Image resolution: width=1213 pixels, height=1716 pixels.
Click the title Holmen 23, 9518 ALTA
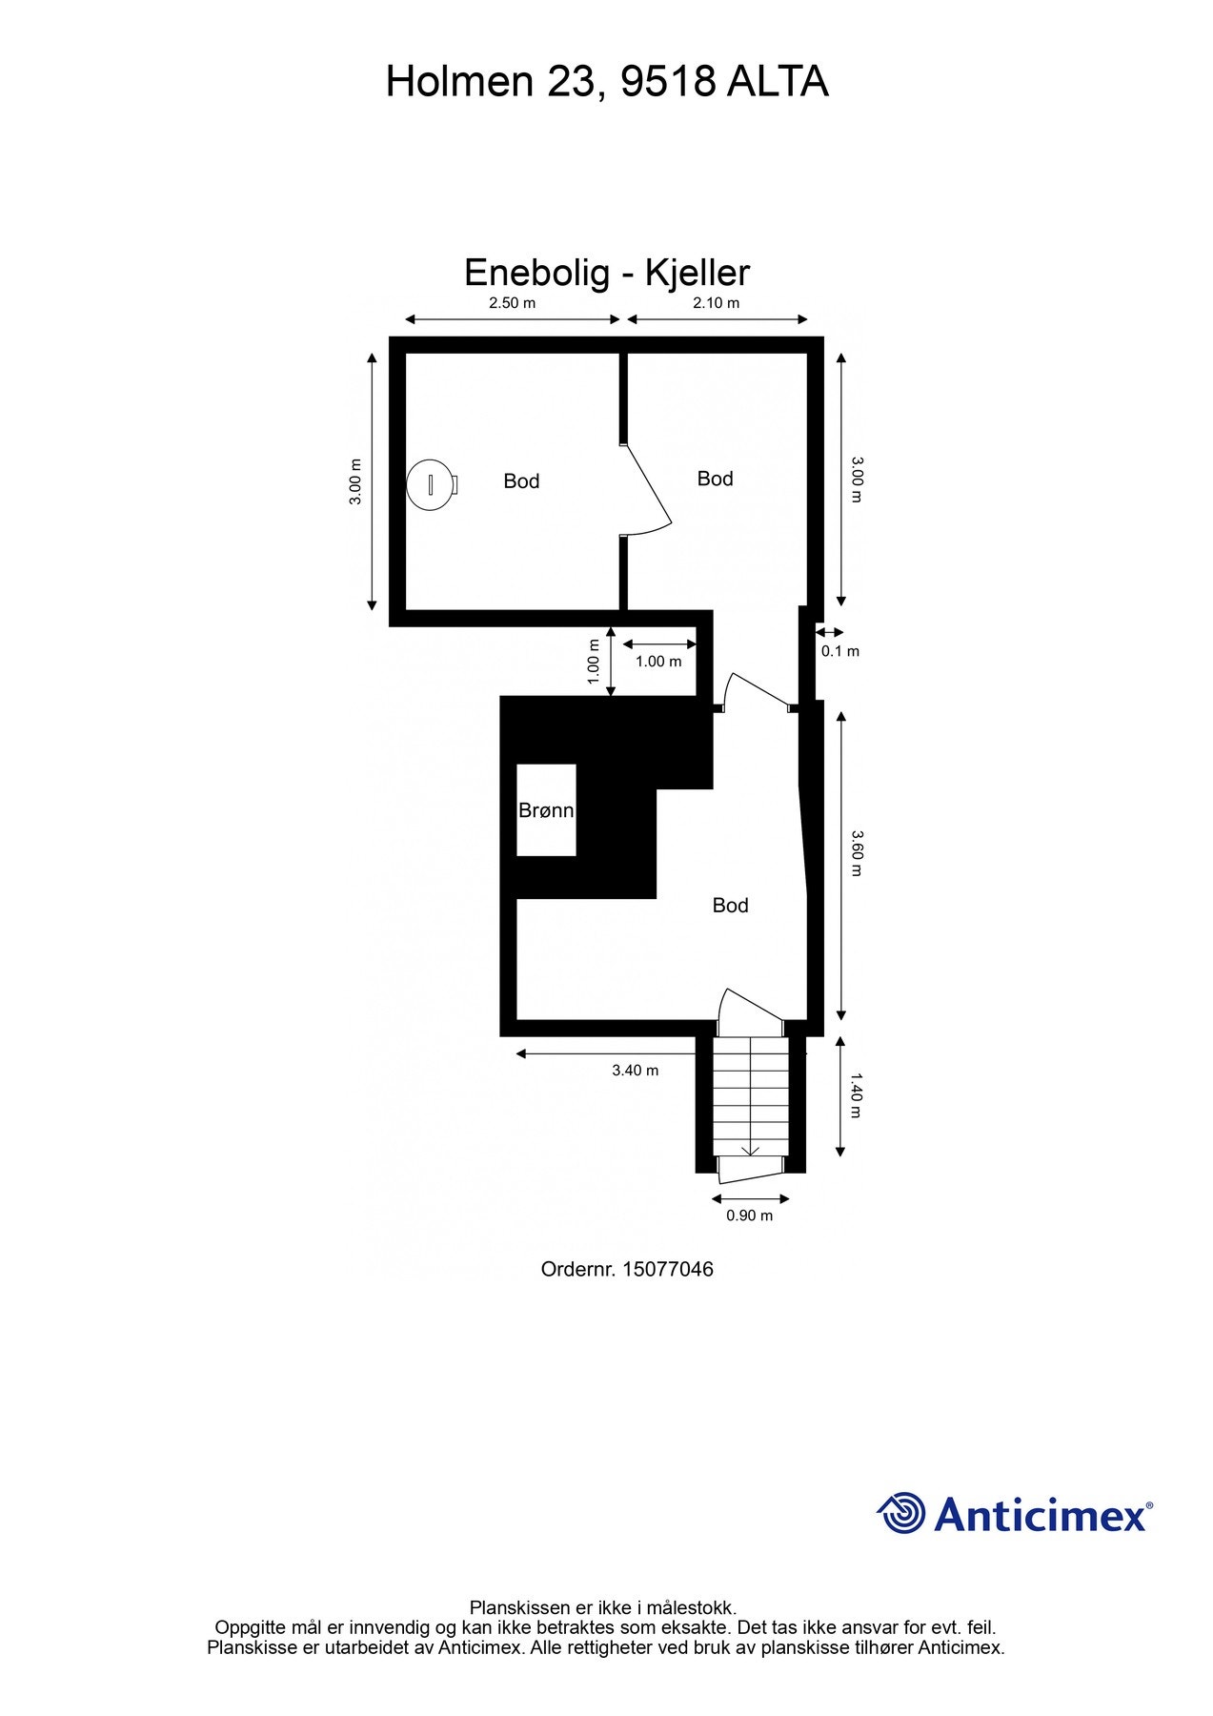tap(606, 82)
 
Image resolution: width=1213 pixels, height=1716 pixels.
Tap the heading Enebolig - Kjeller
tap(606, 273)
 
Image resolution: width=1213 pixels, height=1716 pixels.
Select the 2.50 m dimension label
tap(512, 303)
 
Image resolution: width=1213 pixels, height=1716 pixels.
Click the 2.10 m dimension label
tap(716, 303)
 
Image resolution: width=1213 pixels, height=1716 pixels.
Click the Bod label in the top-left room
tap(521, 481)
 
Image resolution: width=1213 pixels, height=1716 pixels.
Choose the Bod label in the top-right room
tap(715, 479)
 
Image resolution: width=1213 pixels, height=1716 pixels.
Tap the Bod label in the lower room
tap(730, 906)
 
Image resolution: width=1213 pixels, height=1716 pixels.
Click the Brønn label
tap(546, 810)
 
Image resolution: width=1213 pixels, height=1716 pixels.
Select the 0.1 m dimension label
tap(839, 651)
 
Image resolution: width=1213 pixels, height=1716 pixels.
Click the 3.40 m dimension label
tap(635, 1071)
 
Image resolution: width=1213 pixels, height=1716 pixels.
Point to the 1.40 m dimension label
tap(856, 1095)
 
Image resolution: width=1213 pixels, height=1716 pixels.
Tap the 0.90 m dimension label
tap(749, 1215)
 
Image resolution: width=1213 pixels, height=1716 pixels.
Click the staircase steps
tap(751, 1096)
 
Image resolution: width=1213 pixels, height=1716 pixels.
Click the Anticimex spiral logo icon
tap(901, 1514)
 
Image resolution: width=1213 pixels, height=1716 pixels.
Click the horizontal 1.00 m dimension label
tap(658, 662)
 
